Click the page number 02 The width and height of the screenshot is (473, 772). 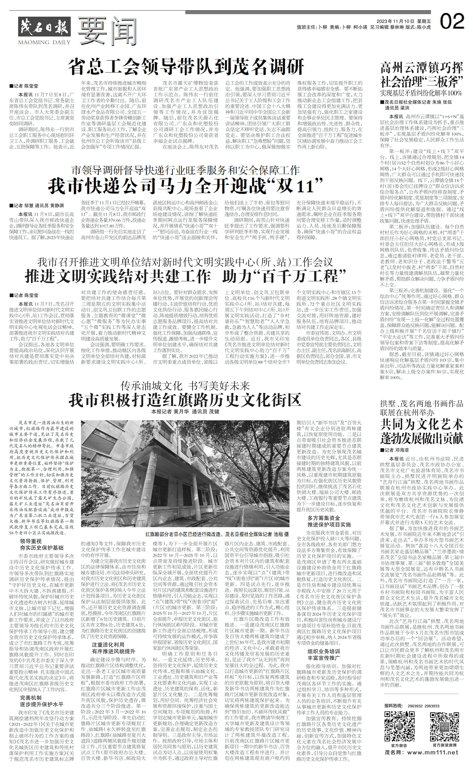pyautogui.click(x=452, y=21)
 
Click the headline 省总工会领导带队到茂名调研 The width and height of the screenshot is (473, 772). pyautogui.click(x=187, y=66)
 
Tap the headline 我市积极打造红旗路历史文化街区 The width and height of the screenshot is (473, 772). pyautogui.click(x=185, y=400)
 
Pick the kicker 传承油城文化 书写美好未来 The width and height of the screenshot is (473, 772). pyautogui.click(x=185, y=385)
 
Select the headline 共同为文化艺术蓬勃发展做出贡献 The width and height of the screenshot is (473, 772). pyautogui.click(x=422, y=432)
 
